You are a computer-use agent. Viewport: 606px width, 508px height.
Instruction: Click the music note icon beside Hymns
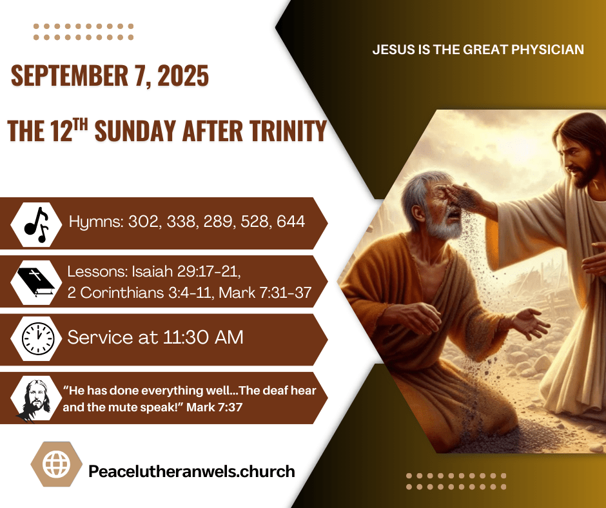36,224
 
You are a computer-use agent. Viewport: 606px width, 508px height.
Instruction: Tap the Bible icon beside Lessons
36,282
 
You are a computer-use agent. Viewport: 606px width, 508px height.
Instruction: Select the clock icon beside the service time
38,338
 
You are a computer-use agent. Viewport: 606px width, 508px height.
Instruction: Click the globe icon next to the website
57,464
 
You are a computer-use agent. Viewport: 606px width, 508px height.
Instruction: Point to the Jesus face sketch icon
35,399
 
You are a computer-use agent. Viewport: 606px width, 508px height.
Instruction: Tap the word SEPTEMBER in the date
69,75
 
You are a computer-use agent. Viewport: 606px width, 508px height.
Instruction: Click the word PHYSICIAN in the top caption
547,50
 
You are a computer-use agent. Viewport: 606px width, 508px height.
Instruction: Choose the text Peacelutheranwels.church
191,471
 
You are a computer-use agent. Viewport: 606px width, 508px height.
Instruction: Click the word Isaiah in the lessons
153,271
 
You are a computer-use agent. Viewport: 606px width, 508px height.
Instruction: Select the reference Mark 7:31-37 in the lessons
265,293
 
